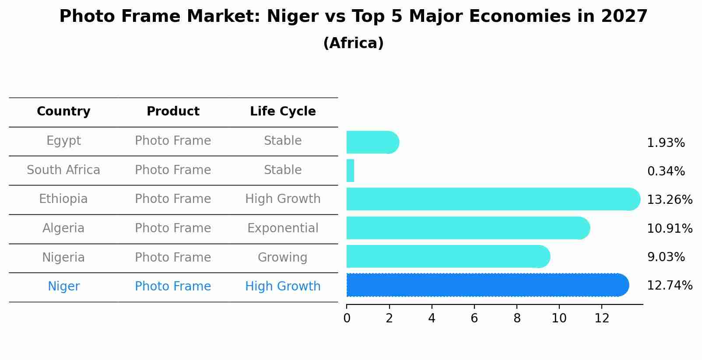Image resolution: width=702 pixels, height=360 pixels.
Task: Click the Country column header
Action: (63, 112)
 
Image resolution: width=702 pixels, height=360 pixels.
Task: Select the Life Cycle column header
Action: (283, 112)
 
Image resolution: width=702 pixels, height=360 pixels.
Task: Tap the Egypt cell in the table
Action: (63, 141)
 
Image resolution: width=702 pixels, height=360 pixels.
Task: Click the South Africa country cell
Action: (63, 170)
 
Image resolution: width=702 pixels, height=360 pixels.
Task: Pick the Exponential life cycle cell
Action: (283, 228)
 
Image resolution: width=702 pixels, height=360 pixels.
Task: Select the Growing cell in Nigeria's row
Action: (282, 257)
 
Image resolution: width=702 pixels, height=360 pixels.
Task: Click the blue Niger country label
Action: (63, 287)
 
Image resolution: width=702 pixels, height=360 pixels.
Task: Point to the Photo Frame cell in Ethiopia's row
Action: (173, 199)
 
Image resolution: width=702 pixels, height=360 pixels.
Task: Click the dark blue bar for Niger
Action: (486, 285)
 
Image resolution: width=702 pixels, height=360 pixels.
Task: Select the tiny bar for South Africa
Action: (350, 171)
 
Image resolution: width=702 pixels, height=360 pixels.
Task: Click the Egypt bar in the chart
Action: (372, 143)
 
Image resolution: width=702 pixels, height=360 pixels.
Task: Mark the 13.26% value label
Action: (670, 200)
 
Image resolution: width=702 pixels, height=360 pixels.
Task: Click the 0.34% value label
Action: (666, 171)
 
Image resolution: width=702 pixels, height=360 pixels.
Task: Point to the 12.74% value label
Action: (670, 286)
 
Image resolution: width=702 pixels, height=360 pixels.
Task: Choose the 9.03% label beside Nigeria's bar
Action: (666, 257)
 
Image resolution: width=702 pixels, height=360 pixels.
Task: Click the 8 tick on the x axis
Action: (517, 318)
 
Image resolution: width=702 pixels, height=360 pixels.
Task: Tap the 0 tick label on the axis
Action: (347, 318)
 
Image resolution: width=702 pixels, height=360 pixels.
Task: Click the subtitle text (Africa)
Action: (353, 43)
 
